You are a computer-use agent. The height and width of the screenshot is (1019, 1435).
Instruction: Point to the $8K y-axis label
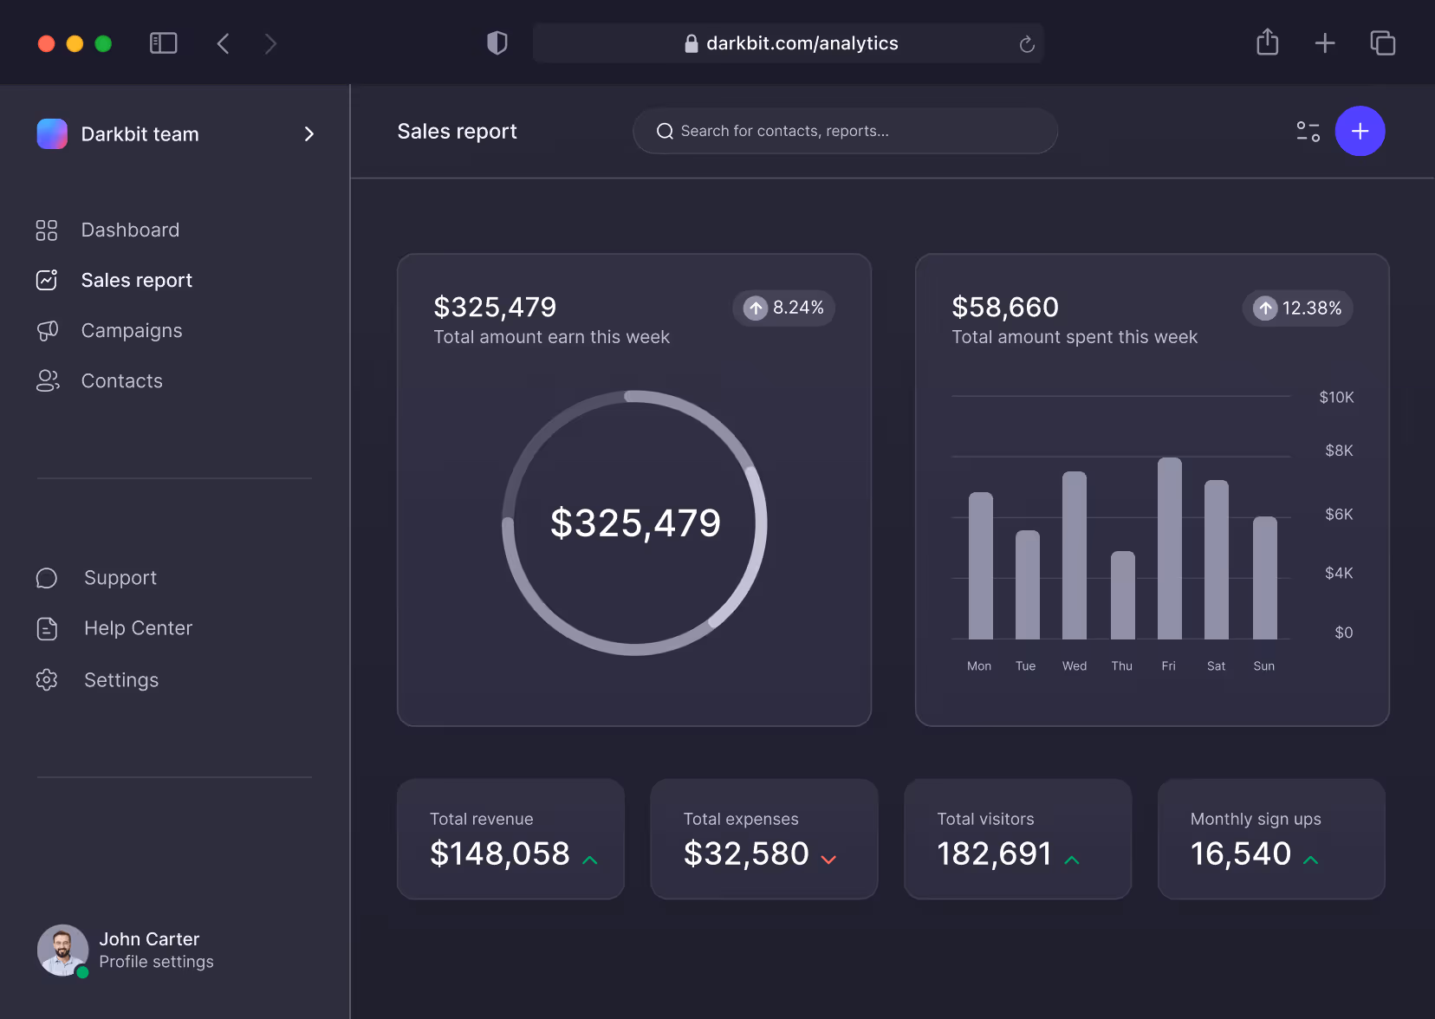[1338, 451]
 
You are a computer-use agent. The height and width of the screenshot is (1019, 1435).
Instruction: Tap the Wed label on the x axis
[1074, 666]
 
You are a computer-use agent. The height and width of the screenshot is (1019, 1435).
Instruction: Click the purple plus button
[1360, 131]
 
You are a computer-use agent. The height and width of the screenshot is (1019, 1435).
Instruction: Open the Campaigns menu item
[132, 331]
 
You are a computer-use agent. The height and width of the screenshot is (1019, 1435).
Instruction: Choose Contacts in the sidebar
[121, 381]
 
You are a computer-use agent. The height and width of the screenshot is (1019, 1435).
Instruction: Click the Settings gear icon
[47, 680]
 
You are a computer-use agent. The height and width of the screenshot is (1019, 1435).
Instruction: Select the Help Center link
[138, 628]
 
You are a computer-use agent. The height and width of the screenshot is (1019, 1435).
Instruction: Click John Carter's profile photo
[62, 950]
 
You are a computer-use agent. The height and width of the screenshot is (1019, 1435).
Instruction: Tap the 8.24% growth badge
[783, 308]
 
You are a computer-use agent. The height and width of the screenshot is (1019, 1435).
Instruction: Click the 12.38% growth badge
[1297, 308]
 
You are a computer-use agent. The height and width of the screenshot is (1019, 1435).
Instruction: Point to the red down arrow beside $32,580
[828, 860]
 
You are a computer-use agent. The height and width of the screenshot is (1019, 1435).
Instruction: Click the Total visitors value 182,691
[994, 854]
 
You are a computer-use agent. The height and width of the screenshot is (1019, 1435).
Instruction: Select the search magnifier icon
[665, 132]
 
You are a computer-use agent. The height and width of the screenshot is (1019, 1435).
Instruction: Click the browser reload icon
[1027, 44]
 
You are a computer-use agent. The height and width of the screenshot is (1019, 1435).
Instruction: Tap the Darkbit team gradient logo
[52, 134]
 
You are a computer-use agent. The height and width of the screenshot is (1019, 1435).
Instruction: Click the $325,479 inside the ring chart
[635, 523]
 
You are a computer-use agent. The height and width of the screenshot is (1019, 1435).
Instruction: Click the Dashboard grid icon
[47, 230]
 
